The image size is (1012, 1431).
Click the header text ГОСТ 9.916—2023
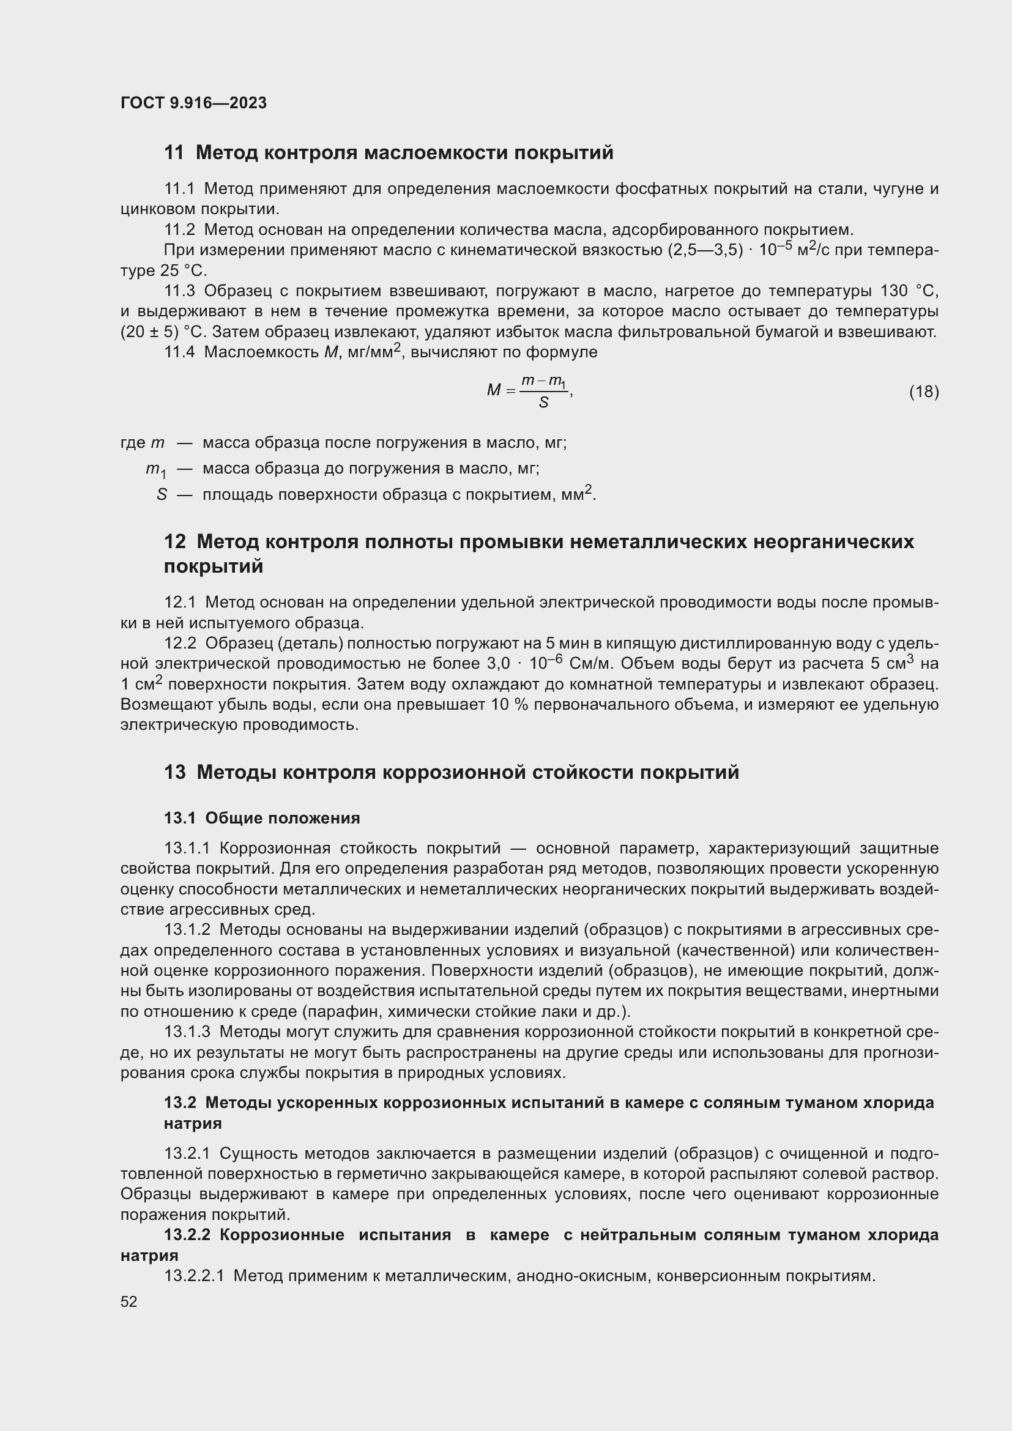[193, 103]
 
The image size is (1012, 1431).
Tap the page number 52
[129, 1301]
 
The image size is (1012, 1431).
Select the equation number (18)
[923, 392]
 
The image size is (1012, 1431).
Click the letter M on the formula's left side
[494, 391]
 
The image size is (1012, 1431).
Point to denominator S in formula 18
[543, 403]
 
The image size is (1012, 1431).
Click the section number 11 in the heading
[174, 153]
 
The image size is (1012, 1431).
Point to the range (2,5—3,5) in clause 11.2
[705, 251]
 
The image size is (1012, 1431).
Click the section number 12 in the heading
[174, 541]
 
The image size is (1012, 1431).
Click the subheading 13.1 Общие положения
[262, 818]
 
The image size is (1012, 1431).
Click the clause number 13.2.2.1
[194, 1276]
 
